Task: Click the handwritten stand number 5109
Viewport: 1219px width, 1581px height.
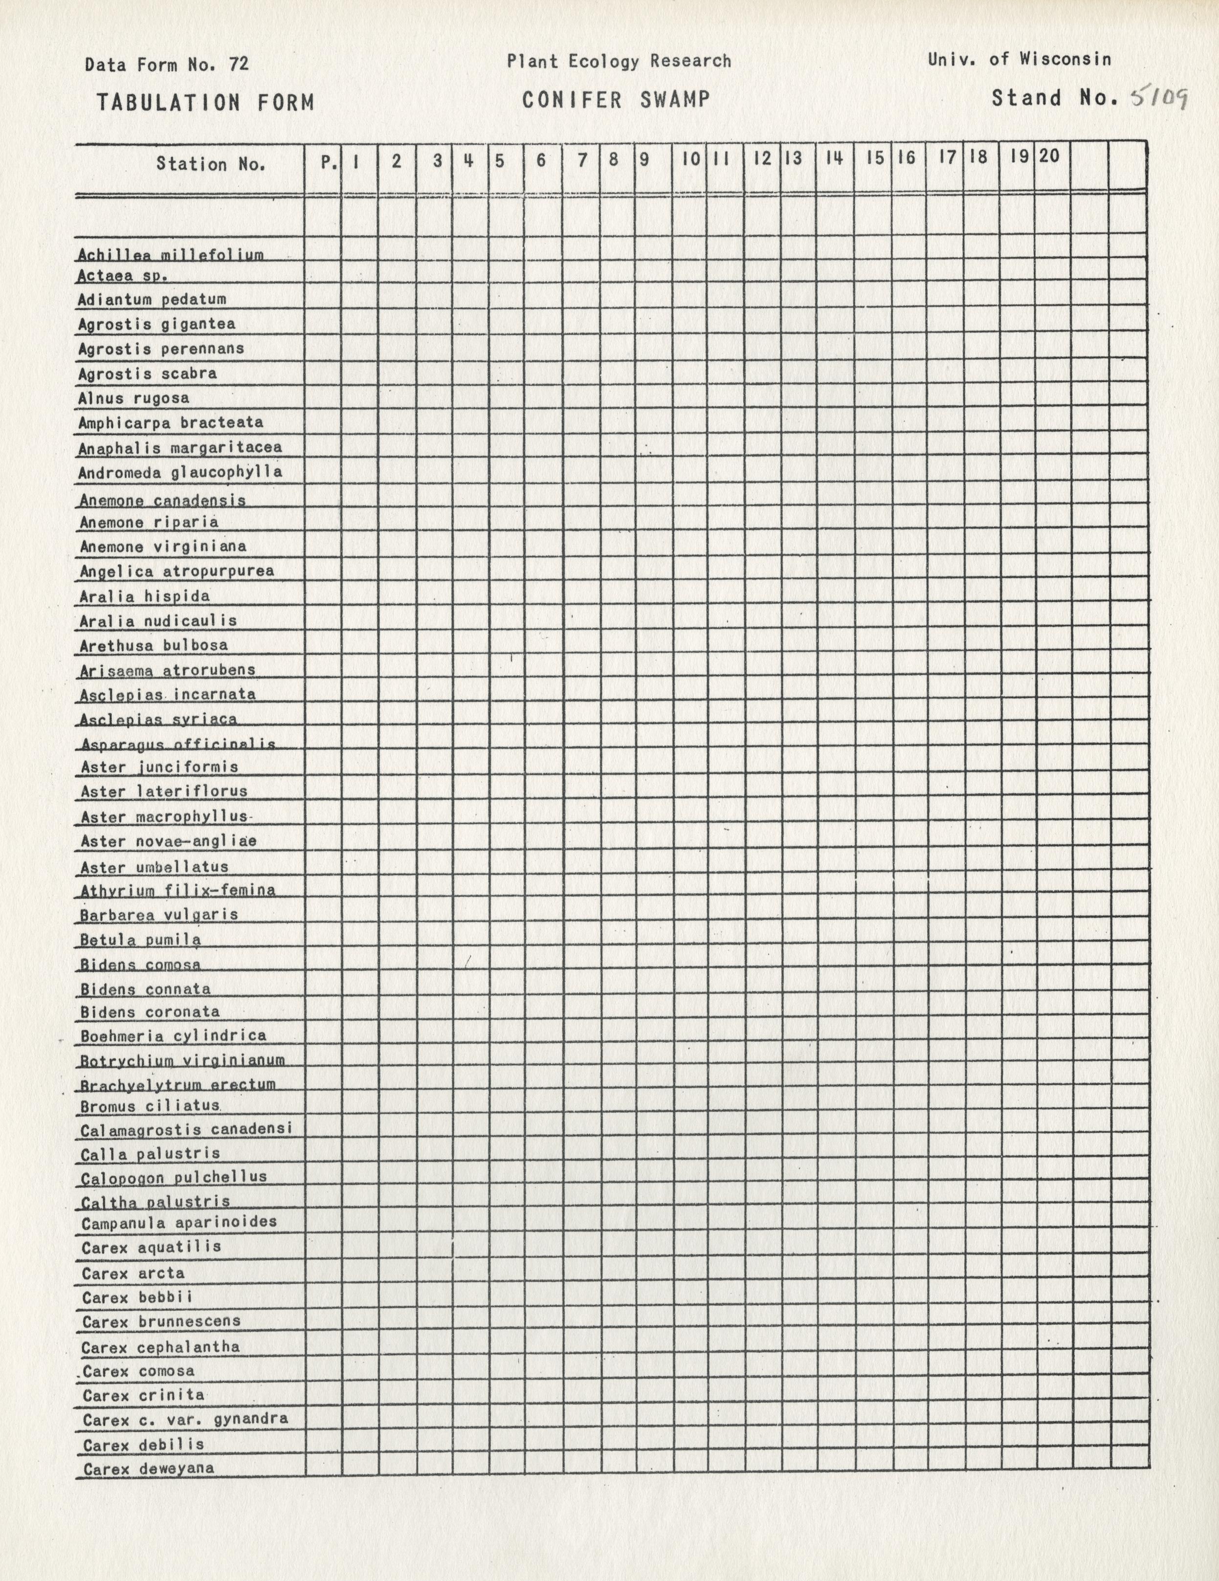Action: [x=1158, y=98]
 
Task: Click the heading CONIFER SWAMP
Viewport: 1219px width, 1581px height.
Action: [x=616, y=100]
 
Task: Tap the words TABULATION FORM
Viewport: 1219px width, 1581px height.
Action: [x=205, y=103]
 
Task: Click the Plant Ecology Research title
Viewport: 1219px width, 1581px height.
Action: [x=619, y=62]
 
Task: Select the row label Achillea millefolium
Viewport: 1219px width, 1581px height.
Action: [x=171, y=255]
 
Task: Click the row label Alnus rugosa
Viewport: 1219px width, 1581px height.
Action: [x=134, y=398]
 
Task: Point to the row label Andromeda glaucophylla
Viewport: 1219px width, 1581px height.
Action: [x=181, y=472]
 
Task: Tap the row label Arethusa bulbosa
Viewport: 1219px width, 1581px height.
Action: [x=154, y=645]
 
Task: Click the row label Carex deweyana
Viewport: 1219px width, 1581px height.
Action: [x=148, y=1469]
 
